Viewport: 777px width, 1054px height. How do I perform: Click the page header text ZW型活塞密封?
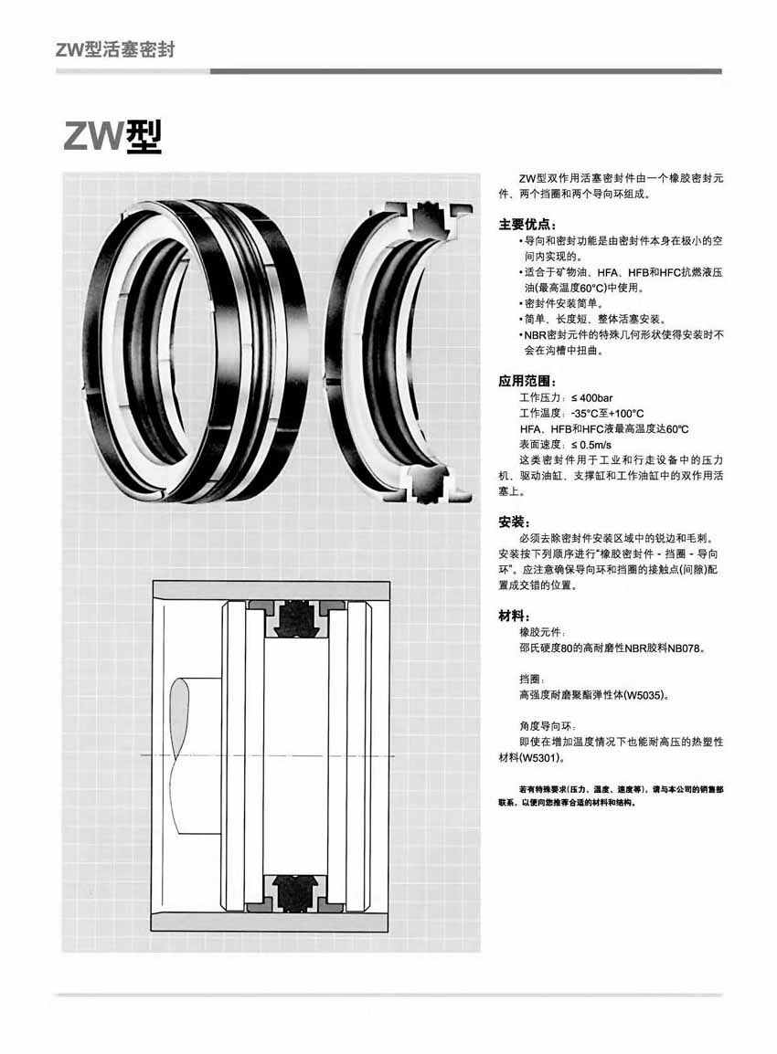(115, 50)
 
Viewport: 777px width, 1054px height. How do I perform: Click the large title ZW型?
(112, 137)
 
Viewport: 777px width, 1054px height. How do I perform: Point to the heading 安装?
(514, 522)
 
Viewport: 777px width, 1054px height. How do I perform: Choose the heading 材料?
(514, 616)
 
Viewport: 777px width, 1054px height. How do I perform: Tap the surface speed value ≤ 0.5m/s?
(591, 444)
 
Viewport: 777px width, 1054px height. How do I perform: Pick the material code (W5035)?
(644, 695)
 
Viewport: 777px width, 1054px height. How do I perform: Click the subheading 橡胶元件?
(542, 633)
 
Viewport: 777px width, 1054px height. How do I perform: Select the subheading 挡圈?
(531, 680)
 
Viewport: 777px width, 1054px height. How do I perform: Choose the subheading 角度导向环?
(548, 727)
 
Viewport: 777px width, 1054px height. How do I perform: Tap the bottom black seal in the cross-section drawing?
(295, 891)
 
